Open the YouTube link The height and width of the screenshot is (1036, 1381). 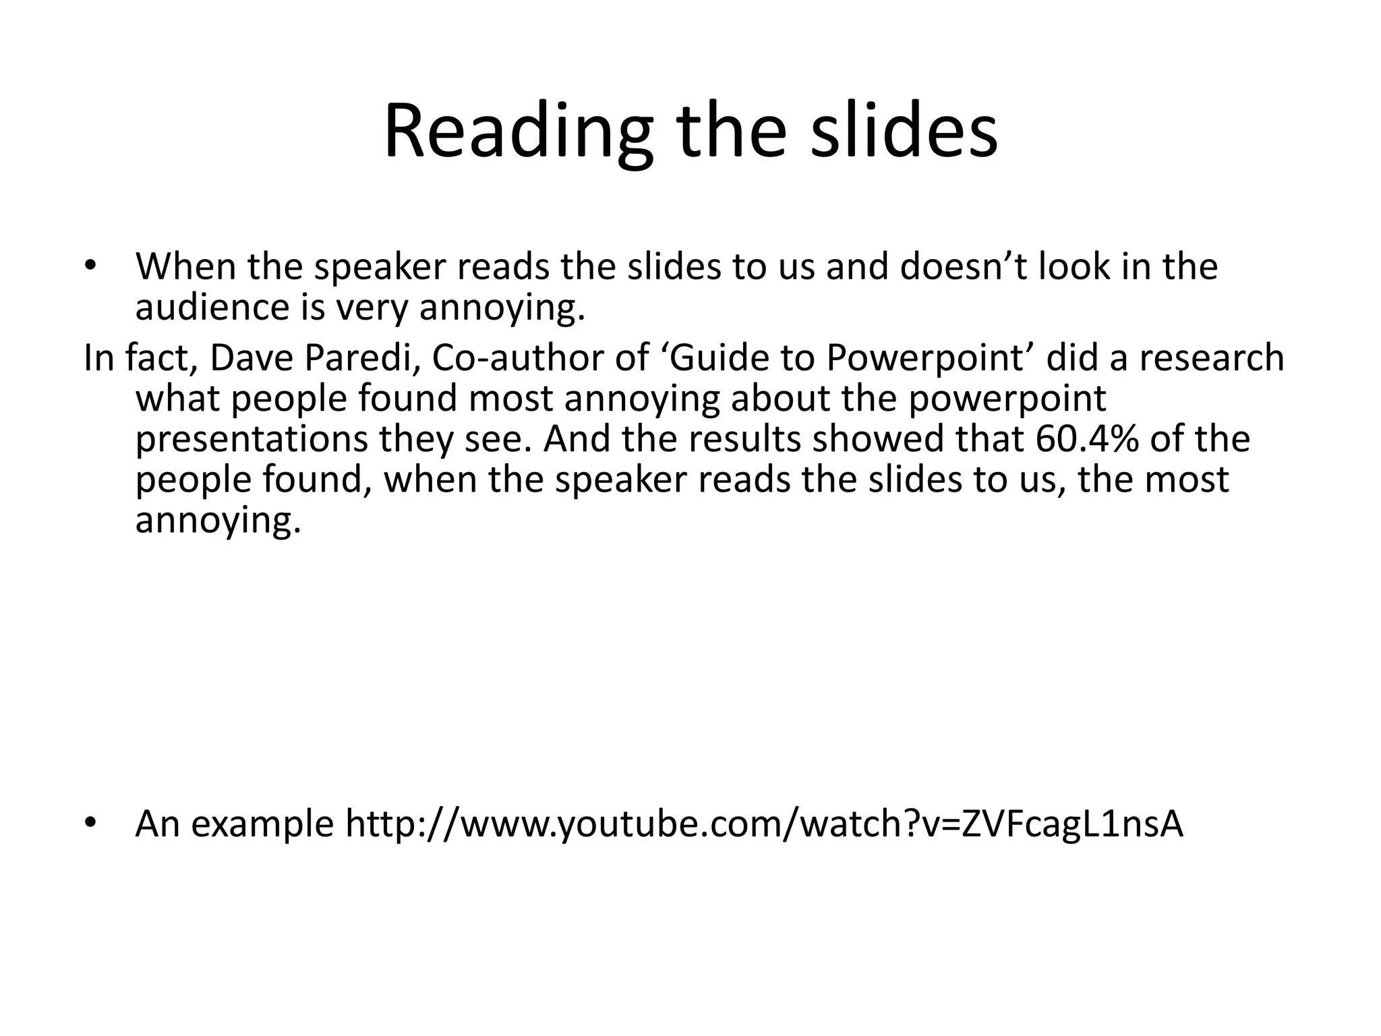coord(764,824)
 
